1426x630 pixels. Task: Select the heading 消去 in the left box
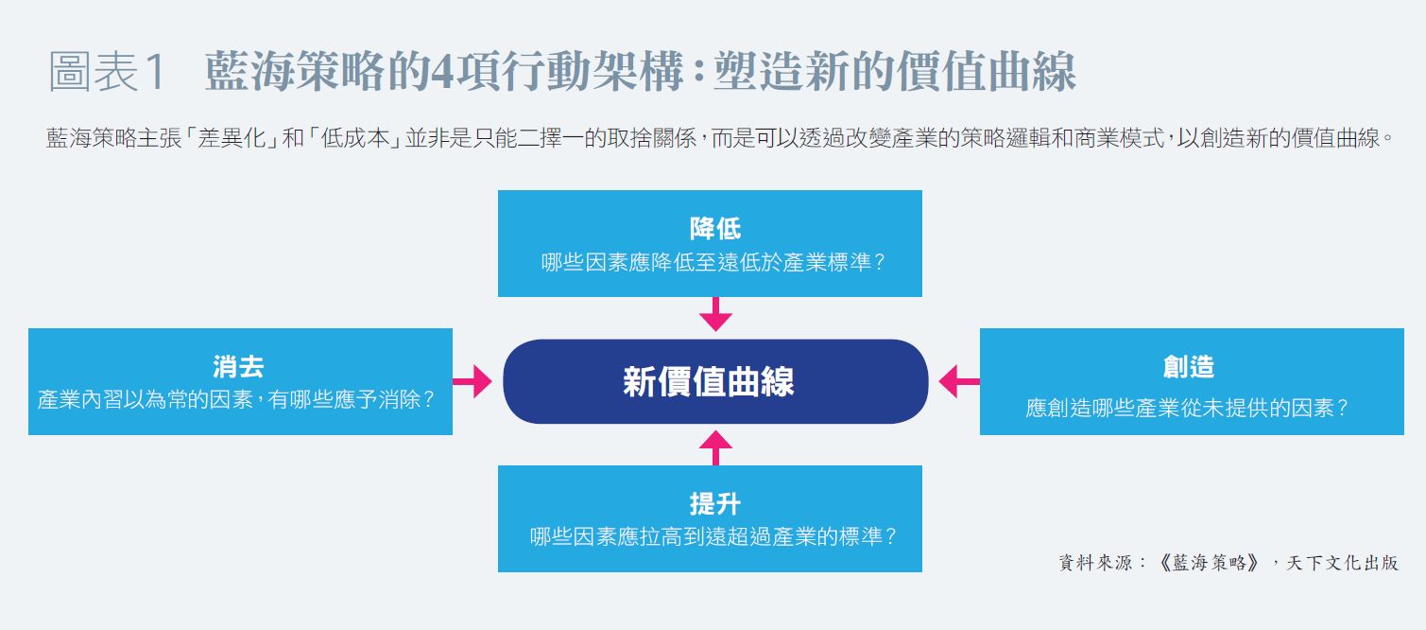point(238,366)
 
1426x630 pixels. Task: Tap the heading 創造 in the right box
point(1188,366)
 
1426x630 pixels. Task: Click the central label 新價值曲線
point(709,381)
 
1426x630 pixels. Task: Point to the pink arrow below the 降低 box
point(715,314)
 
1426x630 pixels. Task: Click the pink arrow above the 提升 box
point(715,446)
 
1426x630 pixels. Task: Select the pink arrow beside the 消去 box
point(472,381)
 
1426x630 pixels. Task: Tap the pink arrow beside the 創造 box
point(958,381)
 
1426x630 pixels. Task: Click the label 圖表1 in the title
point(108,74)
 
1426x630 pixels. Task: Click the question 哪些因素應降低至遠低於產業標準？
point(713,262)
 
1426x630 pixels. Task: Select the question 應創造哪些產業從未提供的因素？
point(1188,409)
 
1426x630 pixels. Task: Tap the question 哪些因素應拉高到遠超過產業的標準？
point(713,536)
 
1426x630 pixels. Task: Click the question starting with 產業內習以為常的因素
point(236,399)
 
